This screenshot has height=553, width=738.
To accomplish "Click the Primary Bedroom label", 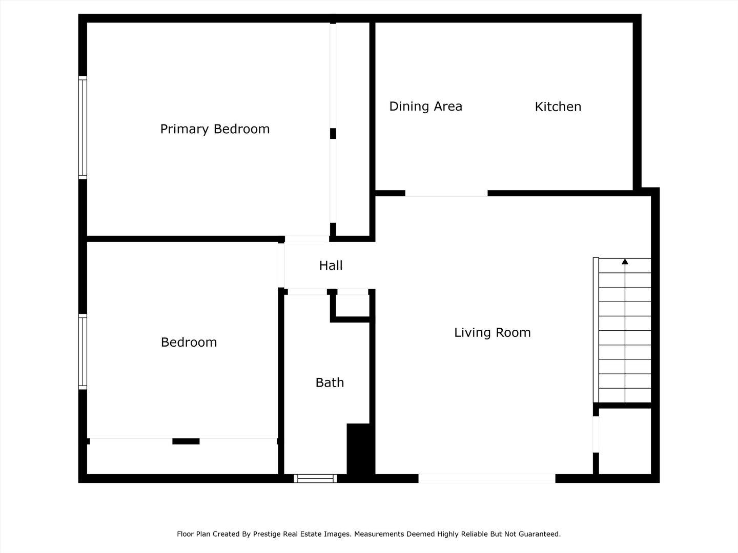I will click(215, 129).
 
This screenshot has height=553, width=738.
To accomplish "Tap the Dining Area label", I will click(425, 107).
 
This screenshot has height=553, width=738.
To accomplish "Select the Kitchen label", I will click(558, 107).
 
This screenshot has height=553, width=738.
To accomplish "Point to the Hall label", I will click(331, 265).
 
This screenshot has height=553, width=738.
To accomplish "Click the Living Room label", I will click(492, 332).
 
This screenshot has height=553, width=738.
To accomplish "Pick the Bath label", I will click(330, 382).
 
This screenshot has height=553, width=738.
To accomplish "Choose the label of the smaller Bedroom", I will click(189, 342).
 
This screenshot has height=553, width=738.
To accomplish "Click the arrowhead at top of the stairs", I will click(625, 262).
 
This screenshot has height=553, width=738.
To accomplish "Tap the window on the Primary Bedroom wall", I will click(83, 127).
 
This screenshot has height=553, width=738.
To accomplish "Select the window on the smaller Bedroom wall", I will click(83, 351).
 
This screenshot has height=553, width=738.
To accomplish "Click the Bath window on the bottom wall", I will click(315, 478).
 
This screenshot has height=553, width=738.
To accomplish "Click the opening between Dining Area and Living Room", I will click(446, 193).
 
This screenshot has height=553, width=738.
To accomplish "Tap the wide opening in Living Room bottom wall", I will click(486, 478).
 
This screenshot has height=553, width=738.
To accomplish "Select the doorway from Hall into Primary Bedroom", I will click(306, 239).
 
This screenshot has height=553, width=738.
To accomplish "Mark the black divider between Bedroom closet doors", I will click(186, 441).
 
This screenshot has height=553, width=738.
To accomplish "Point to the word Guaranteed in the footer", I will click(540, 534).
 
